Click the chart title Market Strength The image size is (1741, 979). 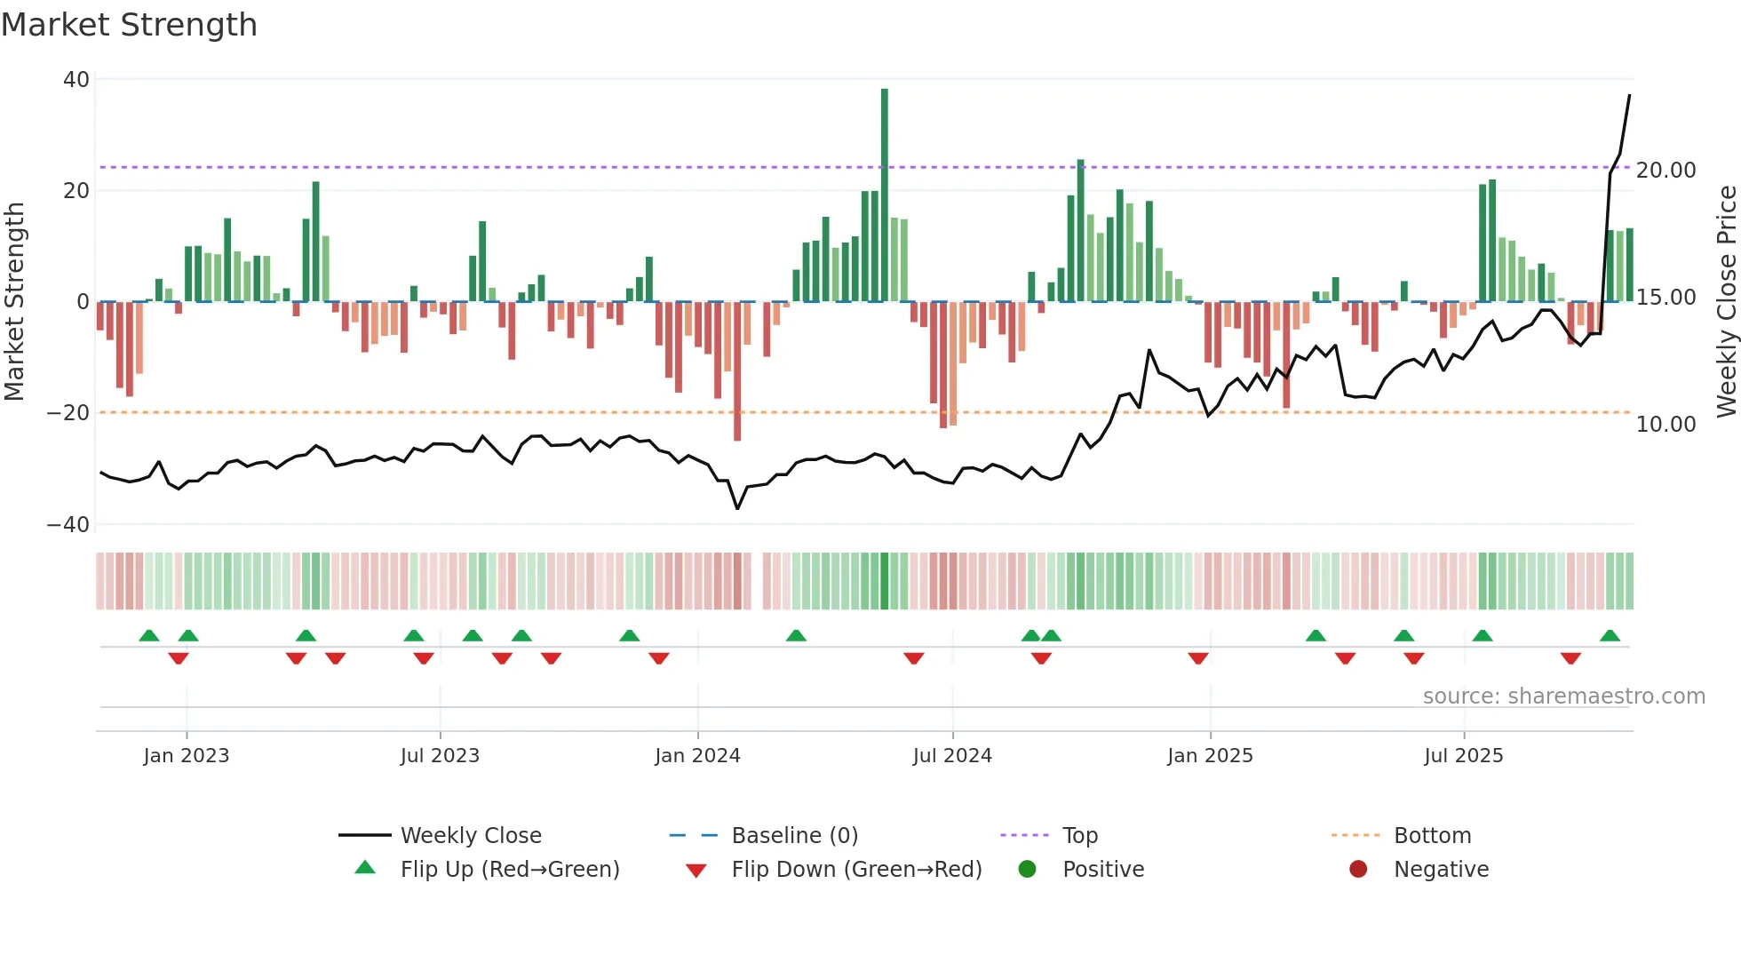click(x=129, y=25)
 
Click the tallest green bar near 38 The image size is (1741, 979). click(x=884, y=195)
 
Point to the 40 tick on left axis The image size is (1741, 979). click(x=76, y=80)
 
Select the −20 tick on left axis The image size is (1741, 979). click(x=68, y=413)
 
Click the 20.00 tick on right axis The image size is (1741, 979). click(x=1665, y=171)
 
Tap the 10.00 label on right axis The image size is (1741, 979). click(x=1665, y=425)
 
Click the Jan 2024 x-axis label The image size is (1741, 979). click(x=697, y=756)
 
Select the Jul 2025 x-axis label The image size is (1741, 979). click(x=1463, y=756)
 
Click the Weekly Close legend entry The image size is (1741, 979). click(x=470, y=836)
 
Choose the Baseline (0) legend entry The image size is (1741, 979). click(x=794, y=836)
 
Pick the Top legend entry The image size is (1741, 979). click(x=1079, y=836)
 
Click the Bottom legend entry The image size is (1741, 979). click(x=1432, y=836)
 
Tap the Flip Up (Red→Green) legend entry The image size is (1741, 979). click(x=509, y=870)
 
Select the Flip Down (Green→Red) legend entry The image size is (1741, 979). click(x=856, y=870)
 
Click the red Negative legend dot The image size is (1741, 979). click(x=1358, y=870)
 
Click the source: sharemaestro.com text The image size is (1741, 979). click(x=1563, y=696)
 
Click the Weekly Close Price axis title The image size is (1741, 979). click(x=1726, y=302)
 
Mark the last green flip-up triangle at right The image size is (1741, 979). click(x=1610, y=636)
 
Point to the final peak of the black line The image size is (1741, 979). click(x=1629, y=96)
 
